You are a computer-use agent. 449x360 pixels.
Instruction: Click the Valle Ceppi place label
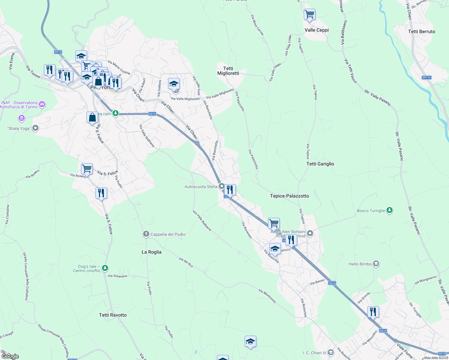click(316, 30)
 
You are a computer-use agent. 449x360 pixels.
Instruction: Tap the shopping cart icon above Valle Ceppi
click(309, 14)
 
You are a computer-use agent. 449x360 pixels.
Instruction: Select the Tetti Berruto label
click(421, 31)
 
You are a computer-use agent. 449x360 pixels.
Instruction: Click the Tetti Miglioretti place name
click(228, 71)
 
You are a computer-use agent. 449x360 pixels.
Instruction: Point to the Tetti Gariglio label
click(320, 164)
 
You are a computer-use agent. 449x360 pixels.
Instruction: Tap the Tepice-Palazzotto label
click(289, 196)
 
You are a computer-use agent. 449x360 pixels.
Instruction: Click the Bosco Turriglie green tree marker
click(390, 210)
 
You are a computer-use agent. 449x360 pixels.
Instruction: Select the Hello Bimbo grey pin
click(376, 264)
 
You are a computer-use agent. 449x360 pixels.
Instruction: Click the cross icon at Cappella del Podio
click(146, 234)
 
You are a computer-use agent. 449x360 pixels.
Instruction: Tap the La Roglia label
click(151, 252)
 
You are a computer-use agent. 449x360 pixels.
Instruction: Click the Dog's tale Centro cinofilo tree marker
click(105, 268)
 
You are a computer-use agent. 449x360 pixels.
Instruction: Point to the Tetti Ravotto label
click(113, 315)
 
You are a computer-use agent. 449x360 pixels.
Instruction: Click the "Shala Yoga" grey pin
click(35, 128)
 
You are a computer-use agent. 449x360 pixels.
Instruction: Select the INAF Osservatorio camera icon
click(42, 104)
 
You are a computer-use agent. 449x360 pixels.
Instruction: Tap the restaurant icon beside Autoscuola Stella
click(230, 190)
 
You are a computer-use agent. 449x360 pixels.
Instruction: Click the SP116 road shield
click(426, 77)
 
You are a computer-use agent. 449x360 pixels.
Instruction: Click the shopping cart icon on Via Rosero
click(87, 169)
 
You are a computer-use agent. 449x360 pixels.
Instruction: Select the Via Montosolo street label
click(267, 296)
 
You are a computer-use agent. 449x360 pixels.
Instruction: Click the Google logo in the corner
click(10, 356)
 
